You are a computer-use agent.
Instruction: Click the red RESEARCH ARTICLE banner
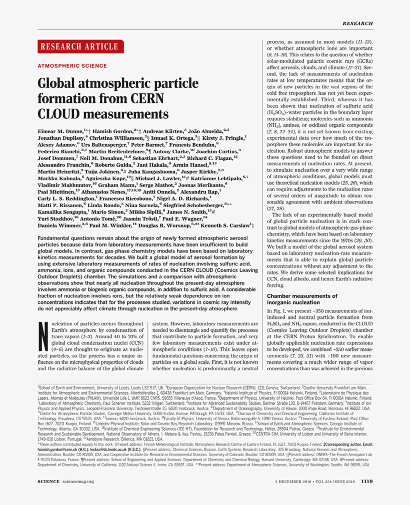(x=80, y=47)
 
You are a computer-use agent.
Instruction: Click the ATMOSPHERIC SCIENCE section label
(x=72, y=66)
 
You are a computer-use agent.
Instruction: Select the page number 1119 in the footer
(x=366, y=482)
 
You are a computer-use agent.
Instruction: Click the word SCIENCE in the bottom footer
(x=48, y=482)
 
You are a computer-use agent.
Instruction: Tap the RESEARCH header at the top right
(x=357, y=23)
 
